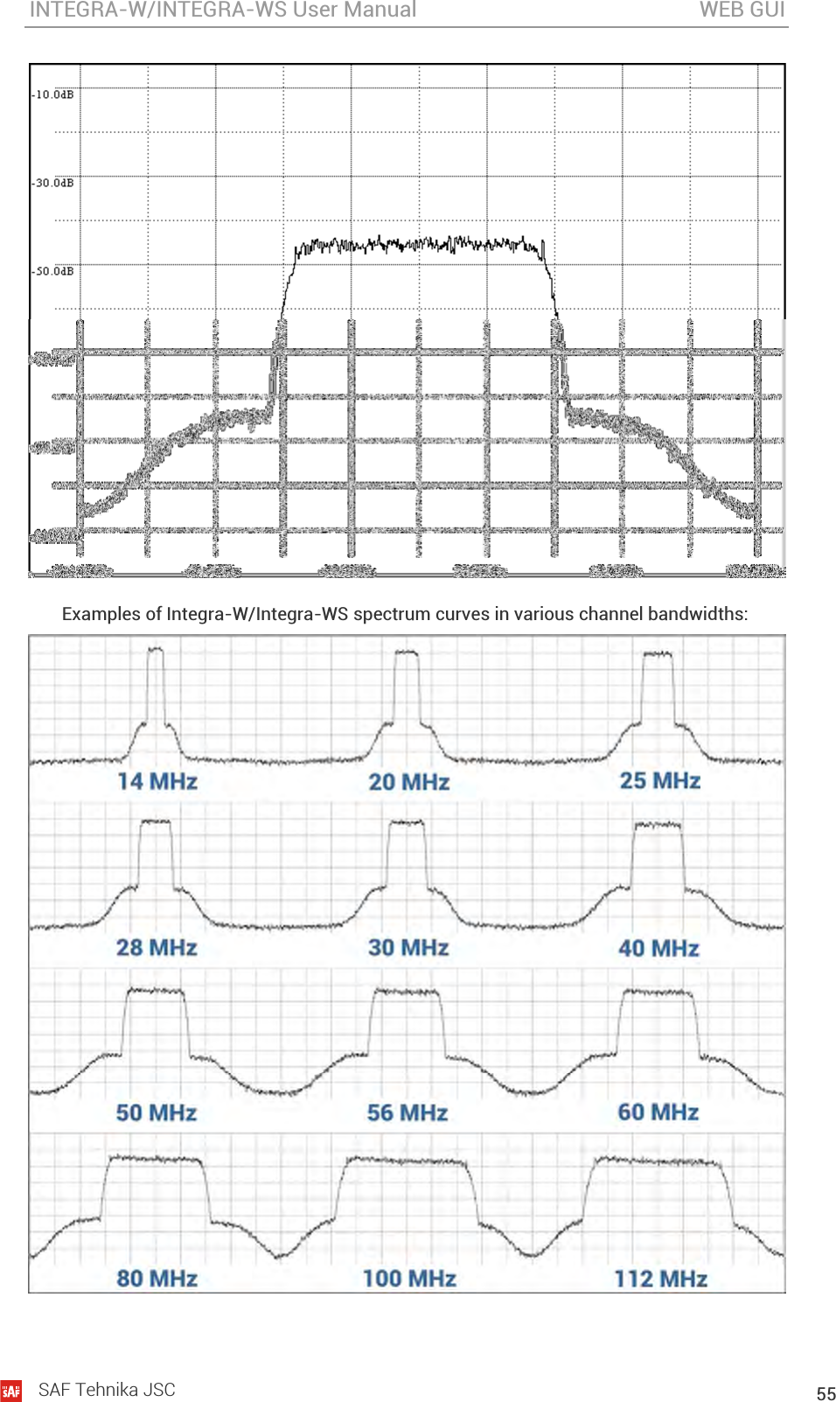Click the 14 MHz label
(157, 781)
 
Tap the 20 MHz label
(408, 782)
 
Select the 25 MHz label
(660, 780)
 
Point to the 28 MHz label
(157, 947)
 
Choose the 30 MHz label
(408, 947)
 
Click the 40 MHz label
(658, 948)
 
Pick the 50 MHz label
(157, 1113)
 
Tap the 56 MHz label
(408, 1113)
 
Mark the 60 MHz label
(658, 1112)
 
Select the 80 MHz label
(157, 1279)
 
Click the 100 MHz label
(409, 1279)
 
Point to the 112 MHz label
(660, 1279)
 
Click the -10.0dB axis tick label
(53, 94)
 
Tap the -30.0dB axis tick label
(53, 183)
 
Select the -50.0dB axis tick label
(53, 271)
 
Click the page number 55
(826, 1393)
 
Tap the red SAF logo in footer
(11, 1391)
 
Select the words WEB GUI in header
(742, 10)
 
